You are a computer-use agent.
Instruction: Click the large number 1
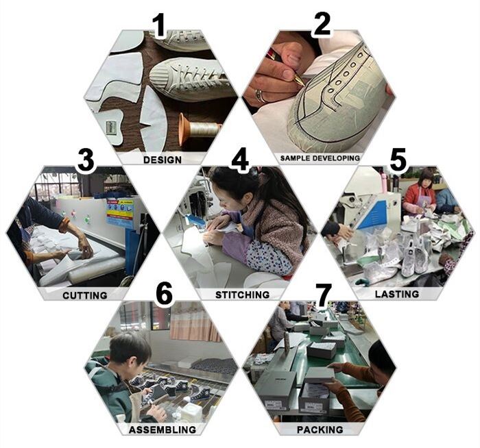(x=159, y=27)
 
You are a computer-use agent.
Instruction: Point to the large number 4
(x=240, y=159)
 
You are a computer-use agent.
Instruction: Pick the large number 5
(x=398, y=159)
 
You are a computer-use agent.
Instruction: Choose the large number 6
(x=164, y=294)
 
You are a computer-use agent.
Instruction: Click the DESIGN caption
(x=163, y=160)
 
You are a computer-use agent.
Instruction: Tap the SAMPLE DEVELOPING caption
(x=320, y=158)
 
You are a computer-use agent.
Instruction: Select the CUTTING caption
(x=85, y=295)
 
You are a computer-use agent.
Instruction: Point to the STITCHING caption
(x=243, y=295)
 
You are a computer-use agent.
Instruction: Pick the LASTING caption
(x=397, y=294)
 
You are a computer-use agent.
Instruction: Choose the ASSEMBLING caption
(x=163, y=430)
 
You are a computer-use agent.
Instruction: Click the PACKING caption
(x=320, y=430)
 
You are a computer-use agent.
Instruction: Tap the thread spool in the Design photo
(x=199, y=129)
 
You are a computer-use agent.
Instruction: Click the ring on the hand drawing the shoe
(x=260, y=96)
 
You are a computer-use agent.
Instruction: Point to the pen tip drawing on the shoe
(x=302, y=84)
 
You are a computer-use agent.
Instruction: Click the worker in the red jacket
(x=419, y=192)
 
